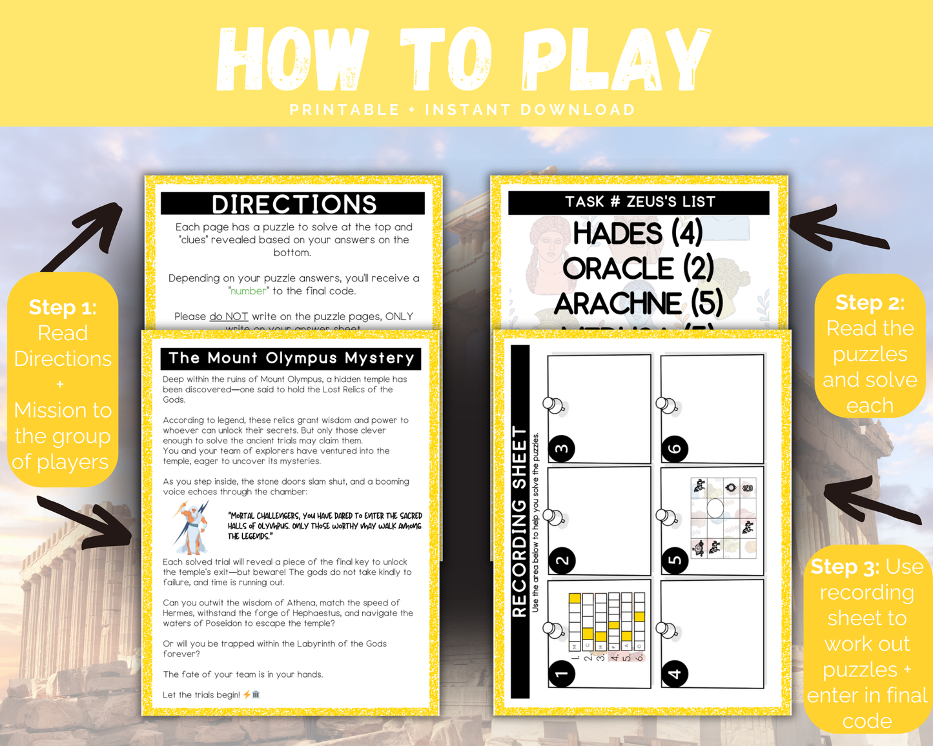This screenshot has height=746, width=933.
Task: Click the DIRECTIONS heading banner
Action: click(293, 204)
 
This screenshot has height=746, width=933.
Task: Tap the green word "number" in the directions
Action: click(249, 291)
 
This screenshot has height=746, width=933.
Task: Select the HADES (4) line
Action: click(637, 233)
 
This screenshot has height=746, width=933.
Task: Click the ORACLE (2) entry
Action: click(637, 268)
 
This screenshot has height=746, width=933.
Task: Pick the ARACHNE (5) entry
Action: click(637, 303)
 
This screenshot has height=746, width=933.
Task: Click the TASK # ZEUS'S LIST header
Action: click(639, 202)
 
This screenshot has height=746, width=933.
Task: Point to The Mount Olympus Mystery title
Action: click(291, 358)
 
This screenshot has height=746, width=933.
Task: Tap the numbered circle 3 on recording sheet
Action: click(562, 449)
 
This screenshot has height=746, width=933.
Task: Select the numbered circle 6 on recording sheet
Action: click(675, 449)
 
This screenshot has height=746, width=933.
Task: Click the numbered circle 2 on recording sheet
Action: click(562, 560)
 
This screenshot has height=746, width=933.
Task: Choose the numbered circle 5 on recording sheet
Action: click(675, 560)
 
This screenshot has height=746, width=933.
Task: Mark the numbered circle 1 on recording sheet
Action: click(562, 674)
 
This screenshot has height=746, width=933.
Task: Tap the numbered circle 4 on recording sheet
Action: click(675, 674)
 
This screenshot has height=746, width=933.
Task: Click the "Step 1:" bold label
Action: click(63, 307)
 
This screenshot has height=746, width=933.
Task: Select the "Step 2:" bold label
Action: click(870, 302)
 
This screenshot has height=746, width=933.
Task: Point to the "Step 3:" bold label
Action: click(845, 567)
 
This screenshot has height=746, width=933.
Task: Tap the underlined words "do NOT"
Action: click(229, 316)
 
